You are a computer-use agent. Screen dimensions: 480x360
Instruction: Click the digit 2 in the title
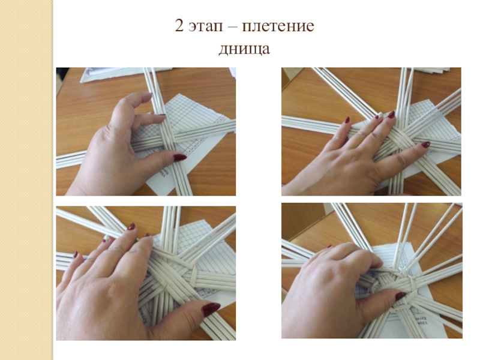[x=179, y=26]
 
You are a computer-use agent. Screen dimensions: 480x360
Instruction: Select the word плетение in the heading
[x=278, y=26]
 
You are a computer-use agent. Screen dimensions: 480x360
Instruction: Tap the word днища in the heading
[x=244, y=49]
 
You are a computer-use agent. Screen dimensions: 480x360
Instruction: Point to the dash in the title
[x=232, y=27]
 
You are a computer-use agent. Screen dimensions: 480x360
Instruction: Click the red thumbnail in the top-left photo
[x=180, y=157]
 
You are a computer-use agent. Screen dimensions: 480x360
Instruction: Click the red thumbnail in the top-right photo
[x=426, y=145]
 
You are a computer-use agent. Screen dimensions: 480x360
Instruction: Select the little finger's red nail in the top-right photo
[x=347, y=119]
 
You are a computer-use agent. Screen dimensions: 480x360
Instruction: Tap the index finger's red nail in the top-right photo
[x=391, y=115]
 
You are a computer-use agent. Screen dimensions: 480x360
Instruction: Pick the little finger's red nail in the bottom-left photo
[x=75, y=254]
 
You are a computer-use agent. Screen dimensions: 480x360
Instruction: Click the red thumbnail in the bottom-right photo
[x=400, y=296]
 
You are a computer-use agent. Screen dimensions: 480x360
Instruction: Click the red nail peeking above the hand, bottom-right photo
[x=329, y=246]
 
